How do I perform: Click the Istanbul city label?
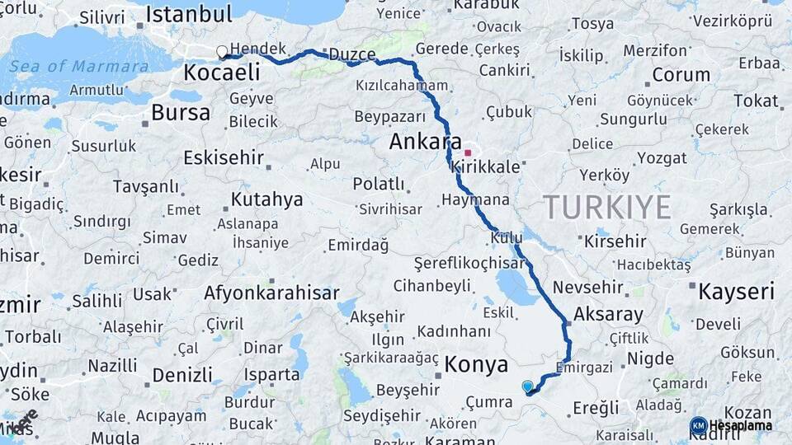click(x=189, y=14)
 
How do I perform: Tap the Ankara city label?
click(x=425, y=141)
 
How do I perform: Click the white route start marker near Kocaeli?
click(x=222, y=53)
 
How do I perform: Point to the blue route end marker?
click(x=528, y=386)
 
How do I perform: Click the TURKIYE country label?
click(x=607, y=208)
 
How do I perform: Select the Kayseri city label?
click(x=736, y=291)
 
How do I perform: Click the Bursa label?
click(x=181, y=113)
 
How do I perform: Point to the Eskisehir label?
click(x=224, y=157)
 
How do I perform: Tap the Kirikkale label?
click(x=486, y=166)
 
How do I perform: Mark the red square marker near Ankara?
click(x=468, y=152)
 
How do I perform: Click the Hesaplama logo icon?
click(x=698, y=426)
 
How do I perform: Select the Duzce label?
click(x=352, y=55)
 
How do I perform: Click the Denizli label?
click(x=182, y=375)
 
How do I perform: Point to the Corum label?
click(x=681, y=75)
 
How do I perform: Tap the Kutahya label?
click(x=266, y=199)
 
